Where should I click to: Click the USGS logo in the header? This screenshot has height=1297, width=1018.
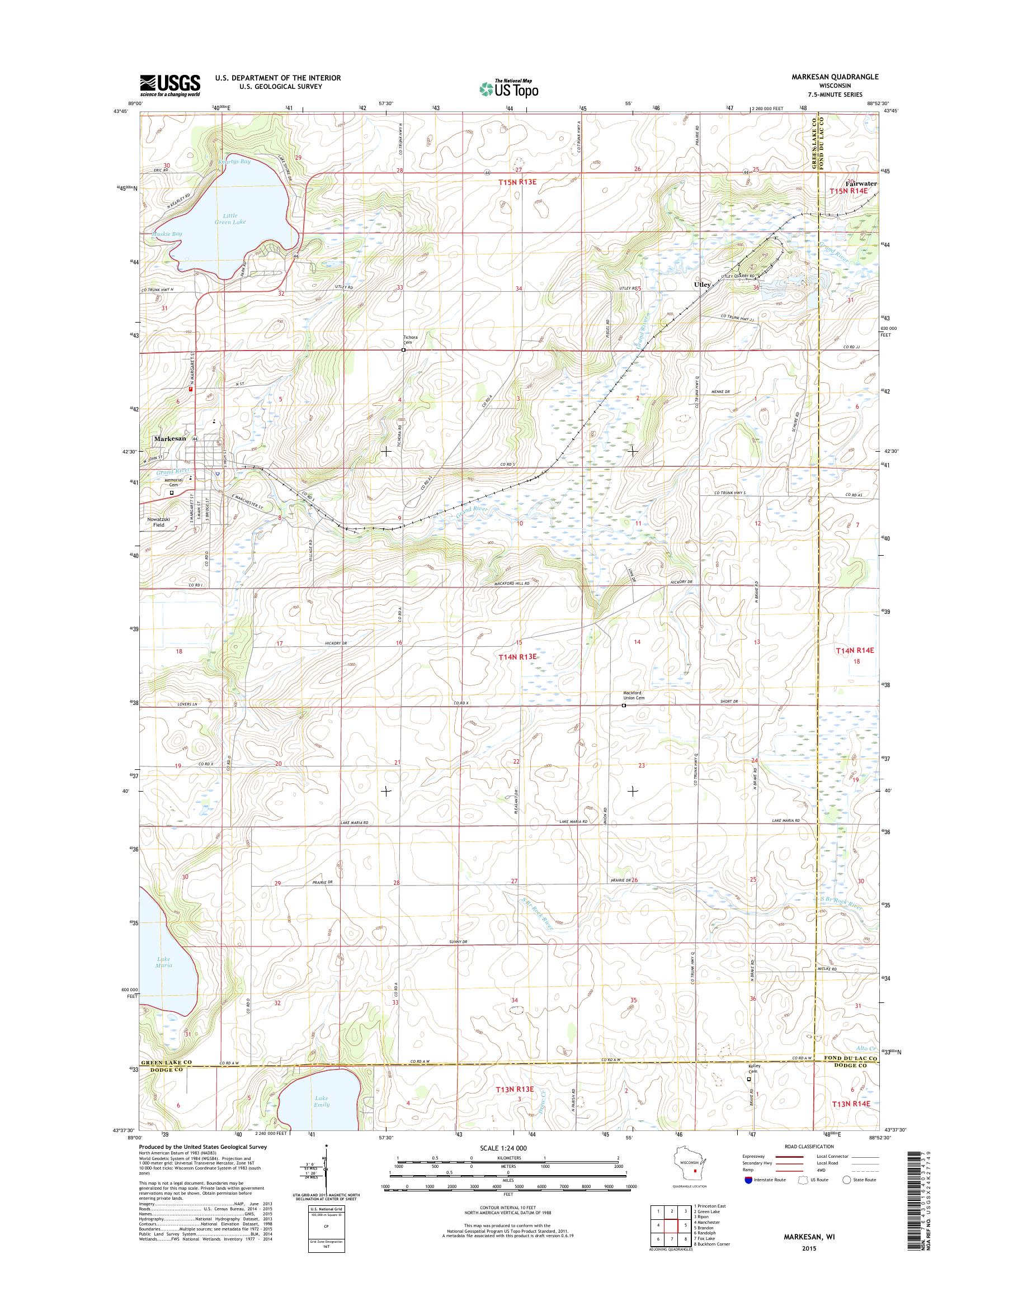(170, 85)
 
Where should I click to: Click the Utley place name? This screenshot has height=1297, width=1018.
(701, 285)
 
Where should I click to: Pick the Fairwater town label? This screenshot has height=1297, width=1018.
(861, 184)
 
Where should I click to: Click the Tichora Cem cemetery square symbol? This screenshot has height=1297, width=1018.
(403, 351)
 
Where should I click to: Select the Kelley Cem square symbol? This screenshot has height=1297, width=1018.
(750, 1095)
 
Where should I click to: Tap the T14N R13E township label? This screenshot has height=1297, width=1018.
(517, 656)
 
